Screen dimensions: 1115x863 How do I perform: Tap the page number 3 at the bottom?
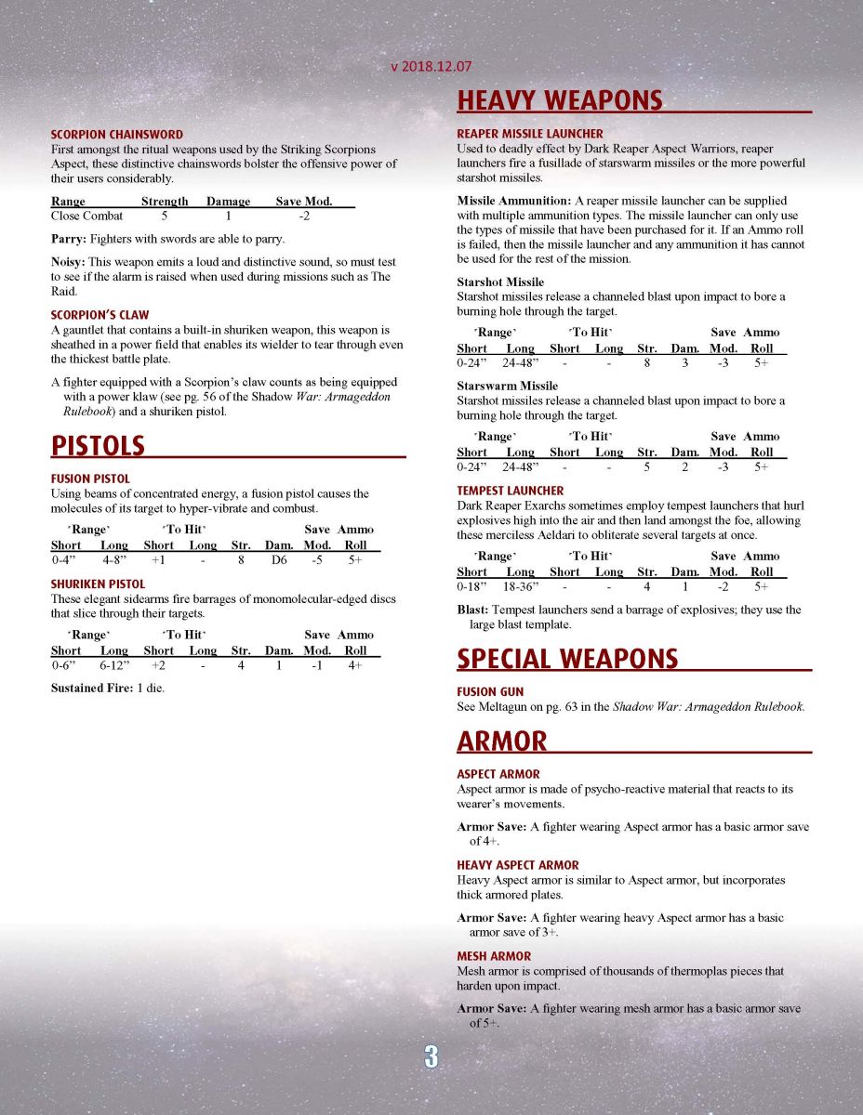431,1056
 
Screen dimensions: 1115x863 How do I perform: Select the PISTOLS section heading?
98,446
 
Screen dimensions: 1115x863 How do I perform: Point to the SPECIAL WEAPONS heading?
566,659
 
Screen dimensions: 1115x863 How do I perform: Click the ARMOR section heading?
502,741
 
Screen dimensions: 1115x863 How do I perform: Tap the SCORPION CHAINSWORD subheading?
116,135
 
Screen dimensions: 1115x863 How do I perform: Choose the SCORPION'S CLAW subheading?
100,315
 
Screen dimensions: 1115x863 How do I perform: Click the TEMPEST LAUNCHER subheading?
510,491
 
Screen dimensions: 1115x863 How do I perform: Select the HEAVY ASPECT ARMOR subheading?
517,865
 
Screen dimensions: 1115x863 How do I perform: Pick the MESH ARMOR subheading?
494,956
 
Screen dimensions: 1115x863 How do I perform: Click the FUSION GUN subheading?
490,692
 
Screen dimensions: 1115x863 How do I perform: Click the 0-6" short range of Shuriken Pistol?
65,666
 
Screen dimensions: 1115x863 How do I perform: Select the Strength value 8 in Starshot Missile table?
646,363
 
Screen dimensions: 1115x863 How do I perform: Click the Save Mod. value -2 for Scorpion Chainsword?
304,216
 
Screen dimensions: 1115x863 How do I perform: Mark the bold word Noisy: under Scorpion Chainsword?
68,263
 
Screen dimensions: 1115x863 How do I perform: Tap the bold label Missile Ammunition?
513,201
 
